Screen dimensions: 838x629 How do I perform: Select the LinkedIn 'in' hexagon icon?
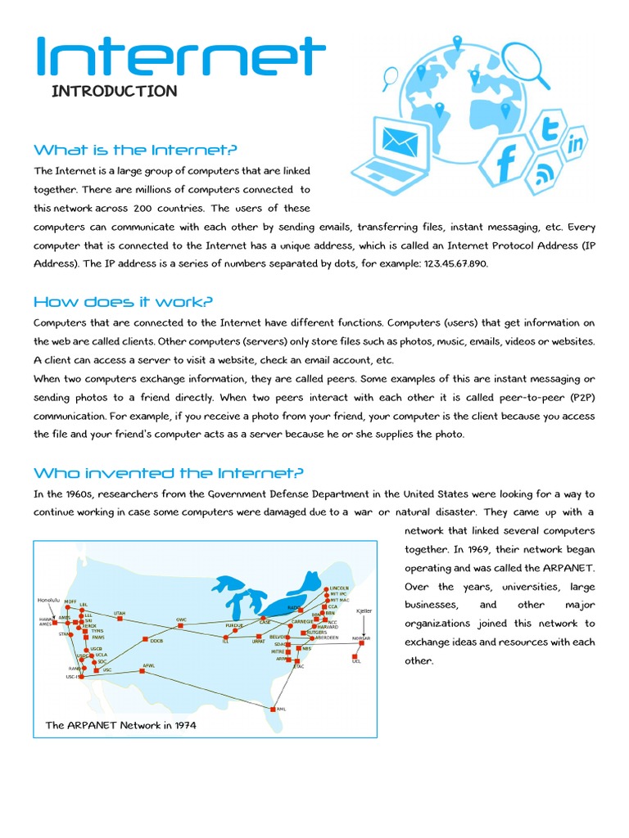(577, 145)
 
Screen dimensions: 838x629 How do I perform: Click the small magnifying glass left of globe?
(390, 77)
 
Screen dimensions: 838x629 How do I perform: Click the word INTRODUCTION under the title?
(114, 91)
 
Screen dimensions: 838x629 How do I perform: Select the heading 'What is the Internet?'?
(135, 150)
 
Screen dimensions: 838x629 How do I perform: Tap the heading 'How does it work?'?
(123, 302)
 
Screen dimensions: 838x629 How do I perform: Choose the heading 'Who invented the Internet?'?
(169, 473)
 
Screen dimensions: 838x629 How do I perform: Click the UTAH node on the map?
(120, 619)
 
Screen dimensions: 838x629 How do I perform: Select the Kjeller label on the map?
(364, 610)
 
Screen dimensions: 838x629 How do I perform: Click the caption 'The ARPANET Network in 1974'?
(120, 725)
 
